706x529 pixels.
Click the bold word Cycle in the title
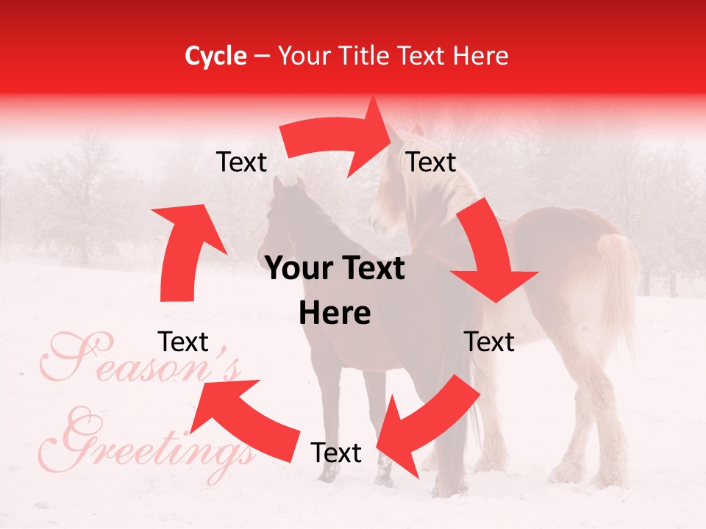[x=215, y=56]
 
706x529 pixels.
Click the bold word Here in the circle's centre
[x=335, y=314]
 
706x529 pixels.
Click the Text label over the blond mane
[x=432, y=162]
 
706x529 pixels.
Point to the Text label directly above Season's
[x=183, y=342]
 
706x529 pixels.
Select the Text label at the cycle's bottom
[x=336, y=453]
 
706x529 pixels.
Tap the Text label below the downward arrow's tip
[x=490, y=342]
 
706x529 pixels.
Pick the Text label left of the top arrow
[x=241, y=162]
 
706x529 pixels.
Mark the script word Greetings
[x=154, y=441]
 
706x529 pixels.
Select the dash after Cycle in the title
[x=262, y=57]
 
